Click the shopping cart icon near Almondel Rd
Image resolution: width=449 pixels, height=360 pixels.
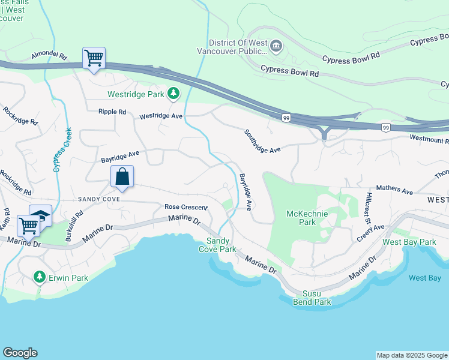[94, 58]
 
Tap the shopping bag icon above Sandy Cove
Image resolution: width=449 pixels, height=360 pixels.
[122, 176]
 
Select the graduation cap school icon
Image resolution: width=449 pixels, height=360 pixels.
[41, 215]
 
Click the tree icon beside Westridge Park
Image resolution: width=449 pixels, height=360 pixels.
[173, 94]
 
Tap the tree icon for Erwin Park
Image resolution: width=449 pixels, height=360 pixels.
[40, 277]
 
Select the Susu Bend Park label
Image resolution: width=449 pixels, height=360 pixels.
[312, 298]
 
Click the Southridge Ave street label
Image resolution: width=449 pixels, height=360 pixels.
[262, 141]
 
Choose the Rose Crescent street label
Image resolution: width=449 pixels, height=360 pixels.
[186, 207]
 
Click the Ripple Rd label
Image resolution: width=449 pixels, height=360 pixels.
[113, 112]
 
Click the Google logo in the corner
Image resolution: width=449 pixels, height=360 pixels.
[20, 353]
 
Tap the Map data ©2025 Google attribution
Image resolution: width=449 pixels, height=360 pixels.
[411, 355]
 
